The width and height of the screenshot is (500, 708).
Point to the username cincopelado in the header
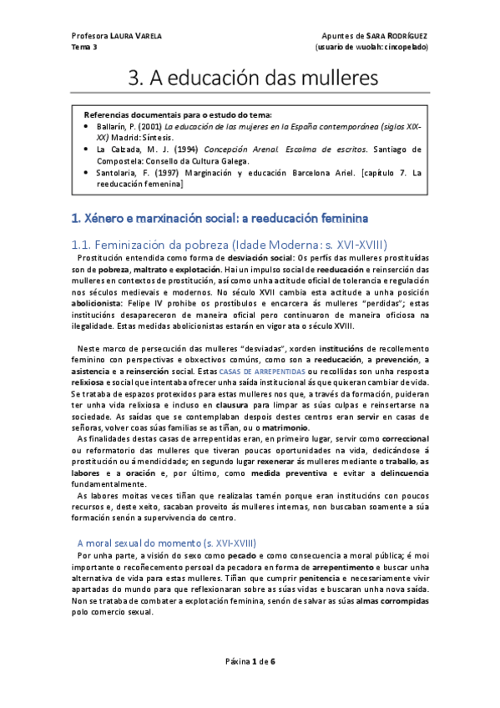click(x=406, y=48)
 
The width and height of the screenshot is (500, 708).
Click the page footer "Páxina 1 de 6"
click(x=250, y=660)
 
